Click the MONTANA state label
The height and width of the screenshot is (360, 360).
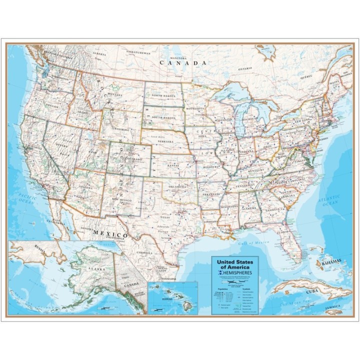click(x=114, y=94)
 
